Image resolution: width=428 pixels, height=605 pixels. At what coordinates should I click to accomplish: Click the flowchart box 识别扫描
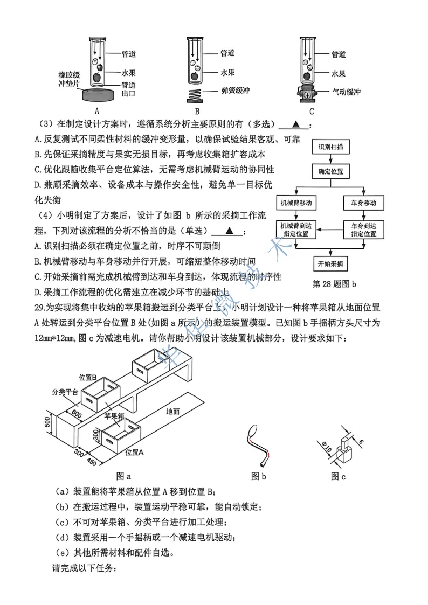click(332, 147)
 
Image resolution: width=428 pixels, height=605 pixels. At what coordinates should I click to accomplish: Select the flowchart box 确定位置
click(331, 172)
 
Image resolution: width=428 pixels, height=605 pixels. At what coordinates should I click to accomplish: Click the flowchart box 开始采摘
click(331, 264)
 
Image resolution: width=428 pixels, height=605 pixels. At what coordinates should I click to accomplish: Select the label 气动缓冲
click(346, 92)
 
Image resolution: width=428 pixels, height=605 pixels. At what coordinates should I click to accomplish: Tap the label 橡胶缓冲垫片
click(69, 79)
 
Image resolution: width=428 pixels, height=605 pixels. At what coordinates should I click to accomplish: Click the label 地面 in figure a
click(173, 411)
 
